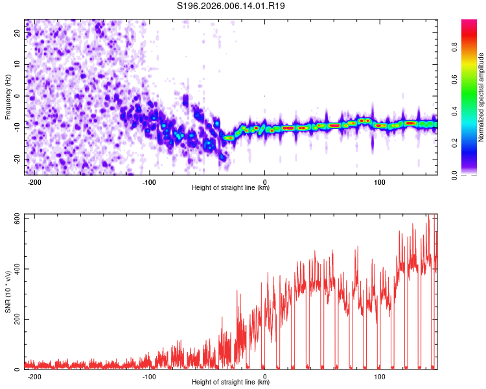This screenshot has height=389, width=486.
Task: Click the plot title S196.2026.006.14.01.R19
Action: tap(231, 6)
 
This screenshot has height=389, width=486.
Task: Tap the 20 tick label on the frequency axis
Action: tap(17, 33)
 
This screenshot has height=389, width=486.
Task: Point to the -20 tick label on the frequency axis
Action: tap(17, 159)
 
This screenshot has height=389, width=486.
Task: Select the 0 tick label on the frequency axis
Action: tap(17, 96)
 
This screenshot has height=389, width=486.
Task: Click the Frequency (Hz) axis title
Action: tap(8, 97)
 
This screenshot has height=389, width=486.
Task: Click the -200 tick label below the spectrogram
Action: tap(34, 182)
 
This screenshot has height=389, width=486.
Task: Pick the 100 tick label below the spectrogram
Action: tap(379, 182)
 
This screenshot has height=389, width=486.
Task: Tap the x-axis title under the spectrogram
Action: tap(231, 187)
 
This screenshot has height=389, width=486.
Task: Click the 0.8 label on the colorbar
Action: tap(454, 47)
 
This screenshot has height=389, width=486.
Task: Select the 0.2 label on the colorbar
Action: tap(454, 143)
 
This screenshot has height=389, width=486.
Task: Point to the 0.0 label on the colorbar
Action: tap(454, 175)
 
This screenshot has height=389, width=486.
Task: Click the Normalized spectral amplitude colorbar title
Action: tap(481, 97)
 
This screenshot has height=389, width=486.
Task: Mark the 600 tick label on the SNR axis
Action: tap(17, 218)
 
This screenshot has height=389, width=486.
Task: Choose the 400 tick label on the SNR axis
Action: tap(17, 269)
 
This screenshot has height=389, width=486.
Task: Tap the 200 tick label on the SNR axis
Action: tap(17, 319)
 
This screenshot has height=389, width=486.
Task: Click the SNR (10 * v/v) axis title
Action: tap(8, 292)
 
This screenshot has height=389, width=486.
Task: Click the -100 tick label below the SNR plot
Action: tap(149, 377)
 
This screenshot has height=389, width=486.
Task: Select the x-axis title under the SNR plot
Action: tap(231, 382)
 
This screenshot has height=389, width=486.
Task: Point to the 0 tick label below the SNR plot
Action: tap(264, 377)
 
